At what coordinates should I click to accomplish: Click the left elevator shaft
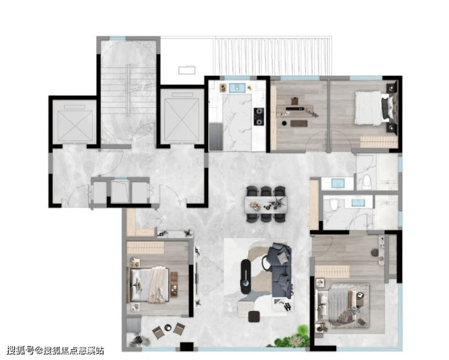[x=75, y=122]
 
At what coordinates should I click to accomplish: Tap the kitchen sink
[x=237, y=87]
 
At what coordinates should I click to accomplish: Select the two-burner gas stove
[x=259, y=117]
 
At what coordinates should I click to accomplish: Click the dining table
[x=266, y=204]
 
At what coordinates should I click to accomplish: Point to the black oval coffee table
[x=246, y=276]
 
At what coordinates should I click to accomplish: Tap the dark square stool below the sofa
[x=254, y=316]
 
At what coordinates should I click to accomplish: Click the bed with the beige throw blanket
[x=150, y=285]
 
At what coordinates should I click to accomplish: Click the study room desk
[x=294, y=111]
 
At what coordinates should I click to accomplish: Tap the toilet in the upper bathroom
[x=366, y=182]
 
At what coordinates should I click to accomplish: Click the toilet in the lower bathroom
[x=334, y=204]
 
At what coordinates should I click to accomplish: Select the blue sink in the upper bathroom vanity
[x=338, y=183]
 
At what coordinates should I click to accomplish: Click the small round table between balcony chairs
[x=168, y=327]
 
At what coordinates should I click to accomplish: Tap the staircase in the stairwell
[x=128, y=92]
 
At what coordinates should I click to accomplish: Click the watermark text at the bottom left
[x=55, y=350]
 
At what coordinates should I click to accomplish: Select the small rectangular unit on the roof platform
[x=187, y=70]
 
